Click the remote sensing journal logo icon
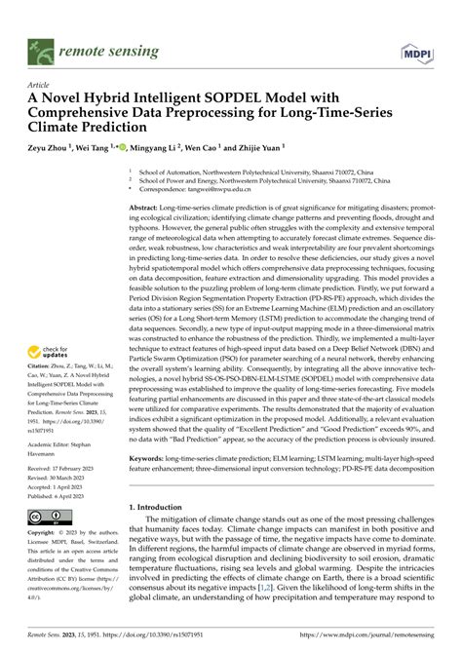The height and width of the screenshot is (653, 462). click(x=40, y=46)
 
